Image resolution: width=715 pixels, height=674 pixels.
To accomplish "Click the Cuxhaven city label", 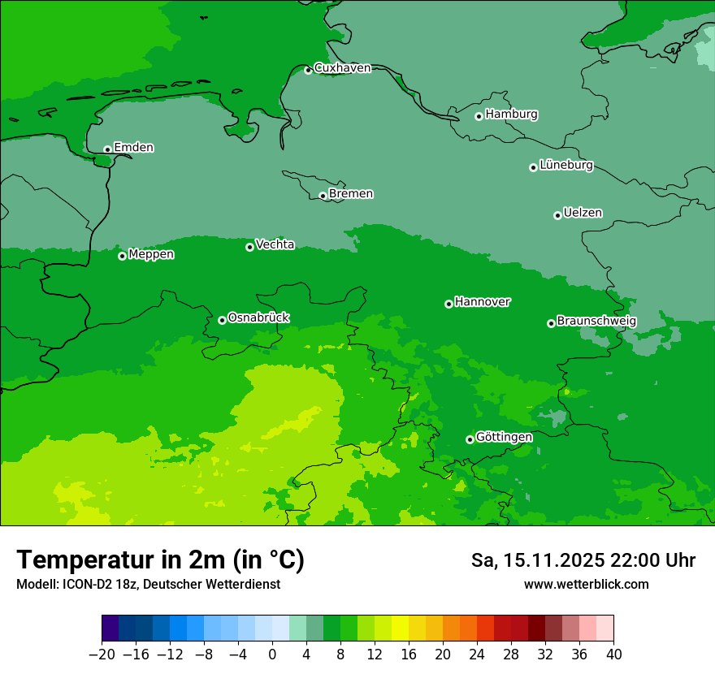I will (342, 68).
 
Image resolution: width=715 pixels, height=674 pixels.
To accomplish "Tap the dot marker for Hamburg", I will (479, 116).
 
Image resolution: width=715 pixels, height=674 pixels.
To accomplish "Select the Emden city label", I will (133, 148).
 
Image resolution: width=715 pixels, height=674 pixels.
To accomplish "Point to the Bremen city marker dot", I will (323, 196).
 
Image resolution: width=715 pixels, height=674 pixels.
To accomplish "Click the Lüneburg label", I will (565, 166).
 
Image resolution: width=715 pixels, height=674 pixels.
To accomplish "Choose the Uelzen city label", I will (583, 214).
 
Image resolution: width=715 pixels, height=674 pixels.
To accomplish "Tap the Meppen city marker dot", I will (122, 256).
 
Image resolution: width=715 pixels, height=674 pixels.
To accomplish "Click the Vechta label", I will (275, 244).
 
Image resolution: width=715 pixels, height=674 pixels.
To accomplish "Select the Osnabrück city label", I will (258, 318).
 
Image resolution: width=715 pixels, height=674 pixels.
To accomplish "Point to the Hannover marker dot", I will (448, 304).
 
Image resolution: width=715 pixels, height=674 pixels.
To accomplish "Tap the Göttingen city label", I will (504, 438).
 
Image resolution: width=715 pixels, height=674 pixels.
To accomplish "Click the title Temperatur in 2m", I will (160, 560).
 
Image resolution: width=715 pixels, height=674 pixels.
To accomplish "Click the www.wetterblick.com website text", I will (586, 584).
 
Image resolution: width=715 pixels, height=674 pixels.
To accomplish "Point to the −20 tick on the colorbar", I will (102, 655).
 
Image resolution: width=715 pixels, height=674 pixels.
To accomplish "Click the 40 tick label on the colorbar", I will (613, 655).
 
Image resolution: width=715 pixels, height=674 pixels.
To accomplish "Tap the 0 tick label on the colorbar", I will (272, 655).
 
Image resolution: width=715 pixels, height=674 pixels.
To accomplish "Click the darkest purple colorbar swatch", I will (110, 629).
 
